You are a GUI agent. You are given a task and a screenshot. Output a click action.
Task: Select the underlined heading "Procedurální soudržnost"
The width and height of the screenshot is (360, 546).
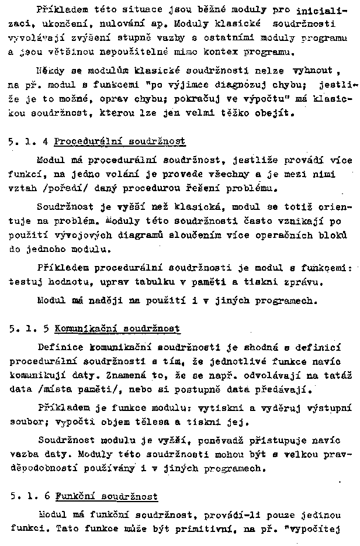point(120,141)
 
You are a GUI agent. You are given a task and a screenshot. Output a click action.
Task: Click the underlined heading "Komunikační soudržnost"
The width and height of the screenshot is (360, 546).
point(117,329)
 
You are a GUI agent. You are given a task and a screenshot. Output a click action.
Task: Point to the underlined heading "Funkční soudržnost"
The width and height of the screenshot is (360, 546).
point(106,496)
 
